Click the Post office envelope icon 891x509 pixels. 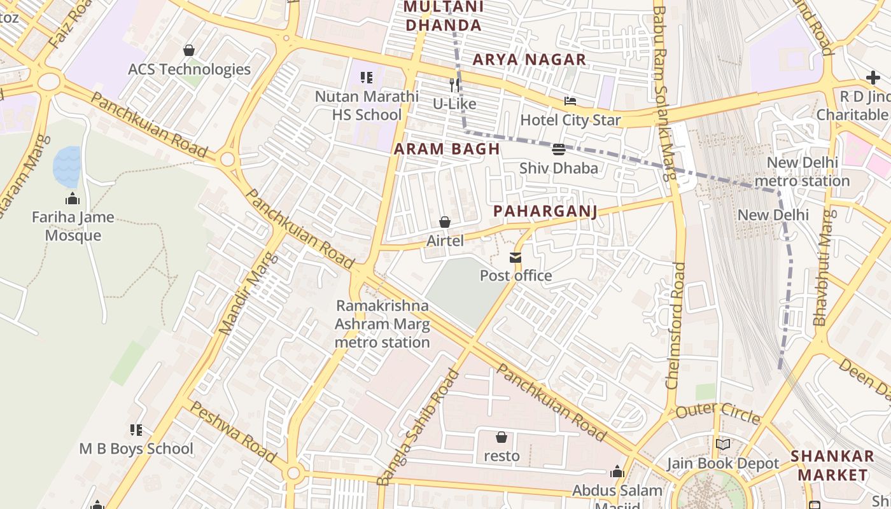coord(515,257)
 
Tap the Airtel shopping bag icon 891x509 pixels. coord(444,222)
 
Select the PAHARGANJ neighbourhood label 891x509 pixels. coord(545,211)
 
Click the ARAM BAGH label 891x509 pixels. coord(446,150)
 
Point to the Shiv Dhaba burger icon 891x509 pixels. coord(559,150)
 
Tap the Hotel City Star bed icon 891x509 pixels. coord(570,102)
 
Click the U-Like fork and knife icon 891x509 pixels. coord(454,85)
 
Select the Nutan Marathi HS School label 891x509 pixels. coord(367,106)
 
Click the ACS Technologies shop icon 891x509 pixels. coord(189,50)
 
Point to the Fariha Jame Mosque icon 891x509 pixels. coord(73,199)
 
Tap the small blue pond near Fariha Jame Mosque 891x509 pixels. coord(67,166)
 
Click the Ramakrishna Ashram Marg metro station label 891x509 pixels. coord(382,324)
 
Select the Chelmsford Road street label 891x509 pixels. coord(676,324)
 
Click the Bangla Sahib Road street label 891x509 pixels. coord(417,428)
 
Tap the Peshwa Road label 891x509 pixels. coord(232,432)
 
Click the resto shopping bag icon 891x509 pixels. coord(502,437)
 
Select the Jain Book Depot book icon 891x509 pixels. coord(722,444)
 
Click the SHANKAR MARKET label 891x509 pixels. coord(832,466)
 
